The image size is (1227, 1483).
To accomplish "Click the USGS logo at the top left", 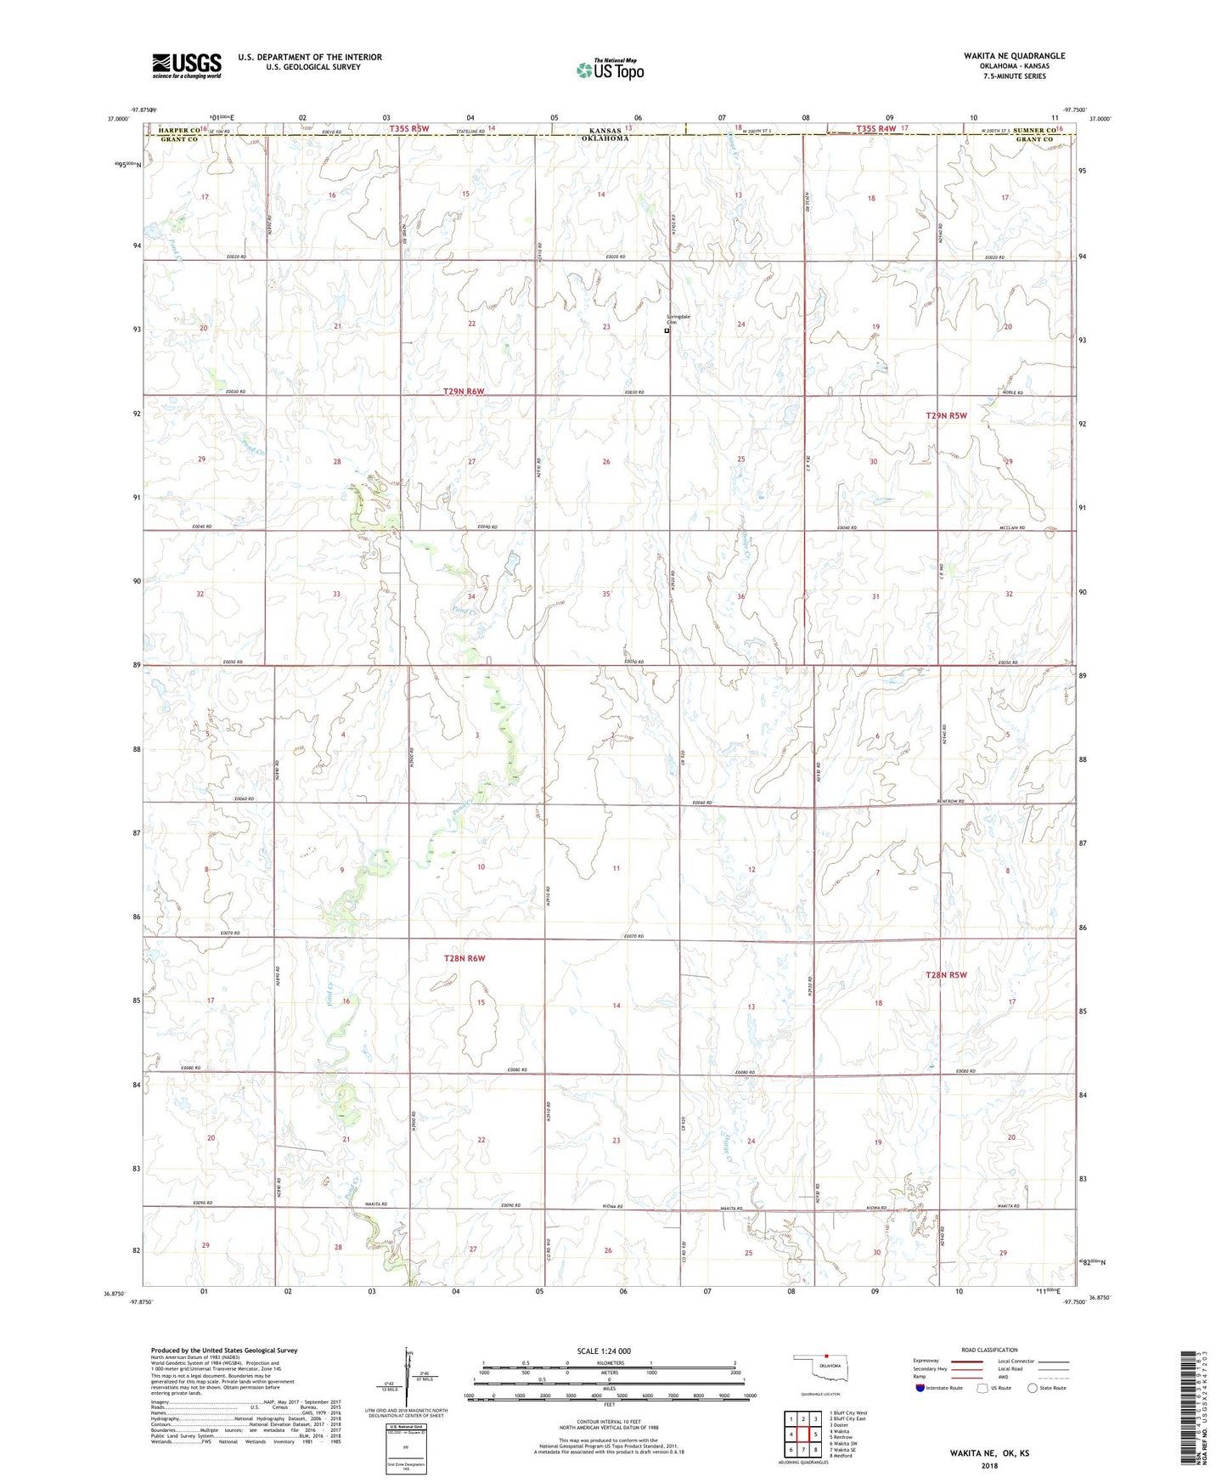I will [x=187, y=65].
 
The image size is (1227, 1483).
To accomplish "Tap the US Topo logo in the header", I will [x=610, y=70].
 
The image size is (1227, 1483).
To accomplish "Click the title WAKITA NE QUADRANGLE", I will [x=1014, y=56].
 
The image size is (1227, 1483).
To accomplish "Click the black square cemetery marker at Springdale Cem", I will [x=667, y=331].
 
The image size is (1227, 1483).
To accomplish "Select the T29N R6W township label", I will [x=464, y=392].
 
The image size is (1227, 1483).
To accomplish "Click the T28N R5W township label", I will [x=946, y=975].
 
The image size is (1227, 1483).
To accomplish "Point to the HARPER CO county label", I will [x=173, y=130].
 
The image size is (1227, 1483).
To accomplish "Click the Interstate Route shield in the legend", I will [x=920, y=1388].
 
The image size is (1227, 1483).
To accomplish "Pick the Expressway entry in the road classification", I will [x=926, y=1361].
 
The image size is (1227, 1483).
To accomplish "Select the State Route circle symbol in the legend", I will [x=1033, y=1388].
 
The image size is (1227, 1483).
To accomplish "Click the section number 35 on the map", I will [x=606, y=594].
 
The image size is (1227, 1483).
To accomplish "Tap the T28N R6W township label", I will [x=464, y=958].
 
